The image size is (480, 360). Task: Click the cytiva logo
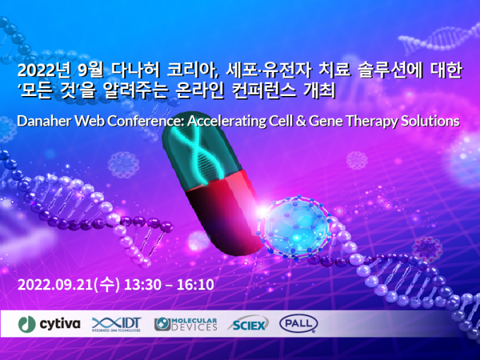49,324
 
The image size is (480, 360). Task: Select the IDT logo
116,325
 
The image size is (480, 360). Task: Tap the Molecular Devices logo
186,325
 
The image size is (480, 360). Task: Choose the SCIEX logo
248,324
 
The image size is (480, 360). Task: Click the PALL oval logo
299,324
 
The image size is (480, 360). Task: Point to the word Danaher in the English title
44,121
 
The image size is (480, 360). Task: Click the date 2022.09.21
55,284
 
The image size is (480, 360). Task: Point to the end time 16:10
195,284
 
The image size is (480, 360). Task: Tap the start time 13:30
143,284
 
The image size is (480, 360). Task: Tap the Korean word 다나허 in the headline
136,71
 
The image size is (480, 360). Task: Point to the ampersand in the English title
301,121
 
